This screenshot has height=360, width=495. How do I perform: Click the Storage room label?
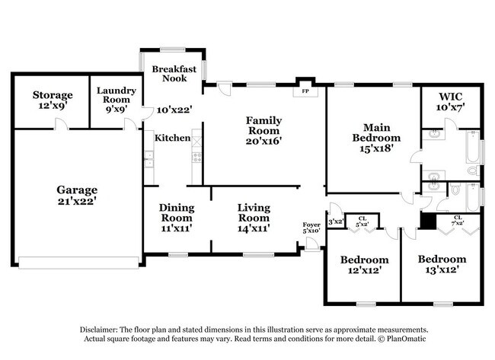(53, 95)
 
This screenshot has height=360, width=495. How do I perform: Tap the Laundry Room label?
(117, 94)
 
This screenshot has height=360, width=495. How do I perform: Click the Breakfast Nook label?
(174, 73)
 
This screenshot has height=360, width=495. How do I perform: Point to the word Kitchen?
(172, 138)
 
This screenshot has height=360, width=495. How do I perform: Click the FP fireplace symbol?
(305, 90)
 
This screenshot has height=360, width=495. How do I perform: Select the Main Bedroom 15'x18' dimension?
(375, 149)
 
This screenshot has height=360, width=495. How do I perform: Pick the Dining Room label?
(176, 212)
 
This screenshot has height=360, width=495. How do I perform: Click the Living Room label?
(254, 212)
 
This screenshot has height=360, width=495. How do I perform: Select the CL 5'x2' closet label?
(362, 221)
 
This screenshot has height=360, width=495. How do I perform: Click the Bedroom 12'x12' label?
(362, 264)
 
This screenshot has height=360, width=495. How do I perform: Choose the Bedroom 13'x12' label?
(442, 263)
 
